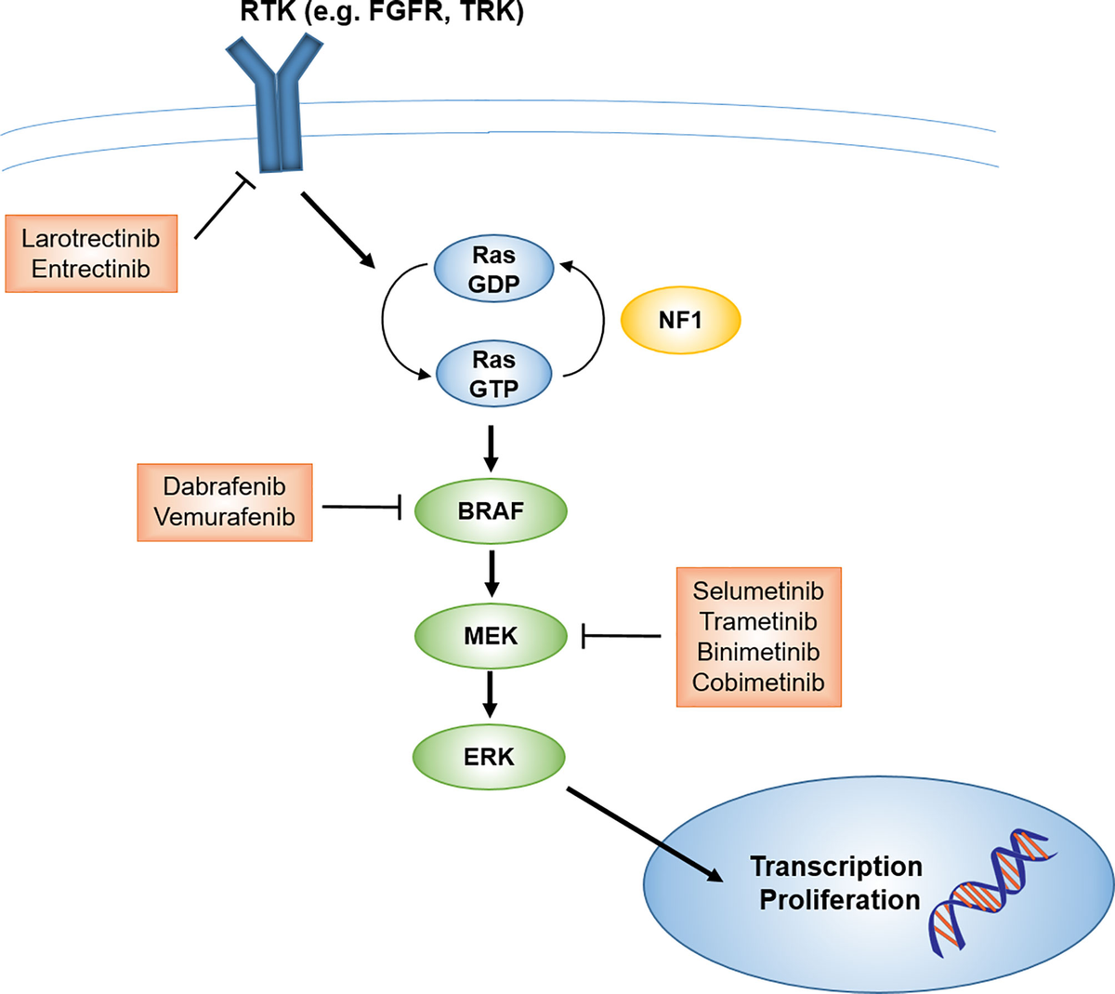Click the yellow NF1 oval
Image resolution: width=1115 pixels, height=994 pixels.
coord(680,321)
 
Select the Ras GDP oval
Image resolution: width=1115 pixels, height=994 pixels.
coord(493,270)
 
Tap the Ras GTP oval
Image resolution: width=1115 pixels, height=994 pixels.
coord(493,374)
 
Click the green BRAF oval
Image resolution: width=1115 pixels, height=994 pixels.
coord(491,511)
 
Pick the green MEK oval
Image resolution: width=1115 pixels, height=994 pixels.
coord(491,636)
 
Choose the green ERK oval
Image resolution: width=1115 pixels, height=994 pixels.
coord(489,757)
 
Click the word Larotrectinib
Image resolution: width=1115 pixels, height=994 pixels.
coord(91,238)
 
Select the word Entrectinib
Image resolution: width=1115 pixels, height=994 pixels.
coord(91,269)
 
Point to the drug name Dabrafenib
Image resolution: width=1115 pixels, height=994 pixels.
coord(224,486)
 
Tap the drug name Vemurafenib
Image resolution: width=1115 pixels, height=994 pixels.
coord(224,517)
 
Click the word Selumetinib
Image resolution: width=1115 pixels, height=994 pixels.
coord(758,590)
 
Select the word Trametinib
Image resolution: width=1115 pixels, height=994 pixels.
coord(758,621)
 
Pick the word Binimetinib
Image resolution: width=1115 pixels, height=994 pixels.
coord(758,652)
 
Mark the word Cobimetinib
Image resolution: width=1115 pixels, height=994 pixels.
coord(758,683)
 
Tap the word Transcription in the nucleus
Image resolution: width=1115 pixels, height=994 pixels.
coord(836,867)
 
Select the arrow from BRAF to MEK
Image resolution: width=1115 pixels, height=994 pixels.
coord(492,574)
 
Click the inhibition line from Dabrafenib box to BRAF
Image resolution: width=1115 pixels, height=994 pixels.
coord(361,507)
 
